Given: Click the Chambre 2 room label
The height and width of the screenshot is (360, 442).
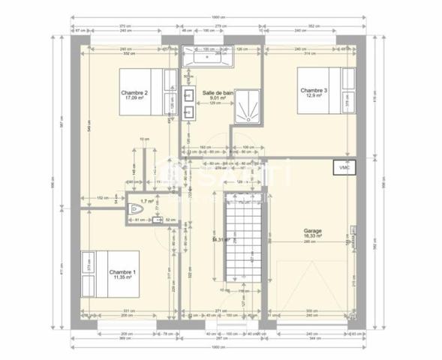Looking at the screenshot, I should (135, 93).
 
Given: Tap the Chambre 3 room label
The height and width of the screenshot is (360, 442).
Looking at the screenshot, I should (313, 90).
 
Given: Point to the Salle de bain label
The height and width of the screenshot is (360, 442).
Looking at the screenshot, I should (218, 92).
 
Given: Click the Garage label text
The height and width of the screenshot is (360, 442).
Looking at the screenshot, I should (312, 230).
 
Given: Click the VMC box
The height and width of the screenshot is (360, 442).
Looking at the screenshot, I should (345, 168).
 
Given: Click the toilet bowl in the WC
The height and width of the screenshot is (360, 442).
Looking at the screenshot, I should (135, 211).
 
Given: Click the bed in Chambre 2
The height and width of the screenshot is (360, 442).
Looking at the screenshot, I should (149, 91).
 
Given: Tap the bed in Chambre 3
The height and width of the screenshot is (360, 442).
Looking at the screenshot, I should (327, 89).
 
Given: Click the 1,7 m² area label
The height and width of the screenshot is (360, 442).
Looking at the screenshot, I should (148, 201).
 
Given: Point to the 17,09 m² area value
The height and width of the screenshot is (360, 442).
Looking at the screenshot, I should (135, 97).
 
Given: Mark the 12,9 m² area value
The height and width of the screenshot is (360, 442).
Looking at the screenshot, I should (313, 95).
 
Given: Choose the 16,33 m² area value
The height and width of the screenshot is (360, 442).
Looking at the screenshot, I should (312, 235).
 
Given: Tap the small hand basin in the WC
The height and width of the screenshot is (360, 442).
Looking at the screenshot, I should (158, 220).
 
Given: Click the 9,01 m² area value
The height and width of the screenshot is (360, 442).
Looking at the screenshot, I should (218, 97).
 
